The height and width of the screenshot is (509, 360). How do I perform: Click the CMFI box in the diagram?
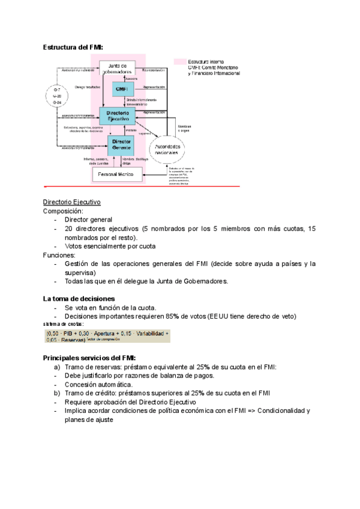tap(121, 89)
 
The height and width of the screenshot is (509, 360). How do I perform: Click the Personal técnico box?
tap(118, 174)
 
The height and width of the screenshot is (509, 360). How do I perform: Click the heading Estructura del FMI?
tap(73, 47)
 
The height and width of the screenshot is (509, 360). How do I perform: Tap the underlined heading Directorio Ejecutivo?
tap(71, 202)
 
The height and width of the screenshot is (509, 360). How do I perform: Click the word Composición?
tap(64, 211)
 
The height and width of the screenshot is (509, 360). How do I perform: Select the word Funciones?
tap(59, 254)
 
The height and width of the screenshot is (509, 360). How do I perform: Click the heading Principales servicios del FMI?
tap(89, 358)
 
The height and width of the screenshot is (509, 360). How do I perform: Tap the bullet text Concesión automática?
tap(98, 384)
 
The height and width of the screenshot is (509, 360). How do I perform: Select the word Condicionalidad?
tap(277, 411)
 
